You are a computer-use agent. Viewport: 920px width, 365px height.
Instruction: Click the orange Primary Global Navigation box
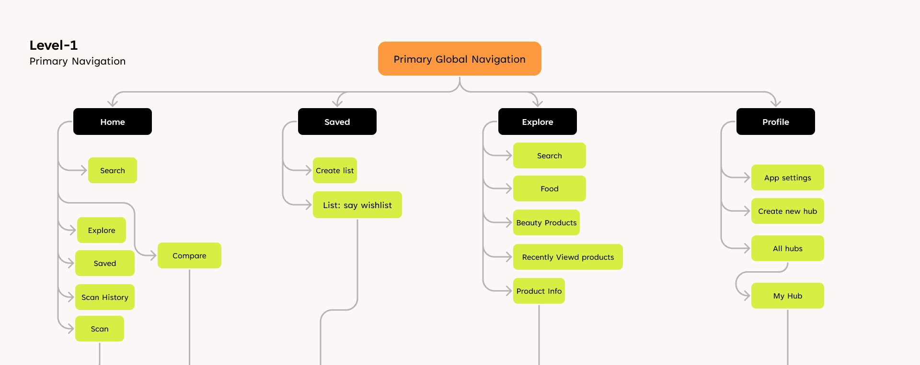tap(460, 59)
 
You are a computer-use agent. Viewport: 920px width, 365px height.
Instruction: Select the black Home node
tap(113, 122)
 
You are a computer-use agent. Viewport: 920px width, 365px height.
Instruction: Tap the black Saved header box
tap(337, 122)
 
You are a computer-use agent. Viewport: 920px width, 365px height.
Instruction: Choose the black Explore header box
tap(538, 122)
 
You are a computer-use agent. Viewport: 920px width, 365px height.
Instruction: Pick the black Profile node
tap(776, 122)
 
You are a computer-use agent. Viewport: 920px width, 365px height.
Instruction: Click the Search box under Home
tap(113, 170)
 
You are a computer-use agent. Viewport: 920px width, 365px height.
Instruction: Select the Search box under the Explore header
tap(550, 155)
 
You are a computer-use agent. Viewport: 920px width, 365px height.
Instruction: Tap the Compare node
tap(189, 255)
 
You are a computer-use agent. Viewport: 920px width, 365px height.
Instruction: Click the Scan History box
tap(105, 297)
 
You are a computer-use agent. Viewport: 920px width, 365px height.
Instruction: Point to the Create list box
tap(335, 170)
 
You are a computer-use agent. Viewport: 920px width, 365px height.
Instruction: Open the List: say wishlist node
tap(357, 205)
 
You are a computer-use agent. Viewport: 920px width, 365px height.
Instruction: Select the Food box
tap(550, 188)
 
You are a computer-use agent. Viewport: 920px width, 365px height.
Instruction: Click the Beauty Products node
tap(546, 222)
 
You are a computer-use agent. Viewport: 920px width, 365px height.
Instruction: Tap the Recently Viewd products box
tap(568, 257)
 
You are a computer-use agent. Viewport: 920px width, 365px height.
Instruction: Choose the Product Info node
tap(539, 291)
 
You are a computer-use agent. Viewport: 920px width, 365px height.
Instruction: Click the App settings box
tap(788, 177)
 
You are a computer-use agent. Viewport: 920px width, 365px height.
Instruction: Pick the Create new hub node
tap(788, 211)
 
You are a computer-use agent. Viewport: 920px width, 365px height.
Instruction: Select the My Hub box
tap(788, 296)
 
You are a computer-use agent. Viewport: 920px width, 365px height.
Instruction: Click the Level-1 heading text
tap(54, 45)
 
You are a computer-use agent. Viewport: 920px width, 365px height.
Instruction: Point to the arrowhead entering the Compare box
tap(154, 255)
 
